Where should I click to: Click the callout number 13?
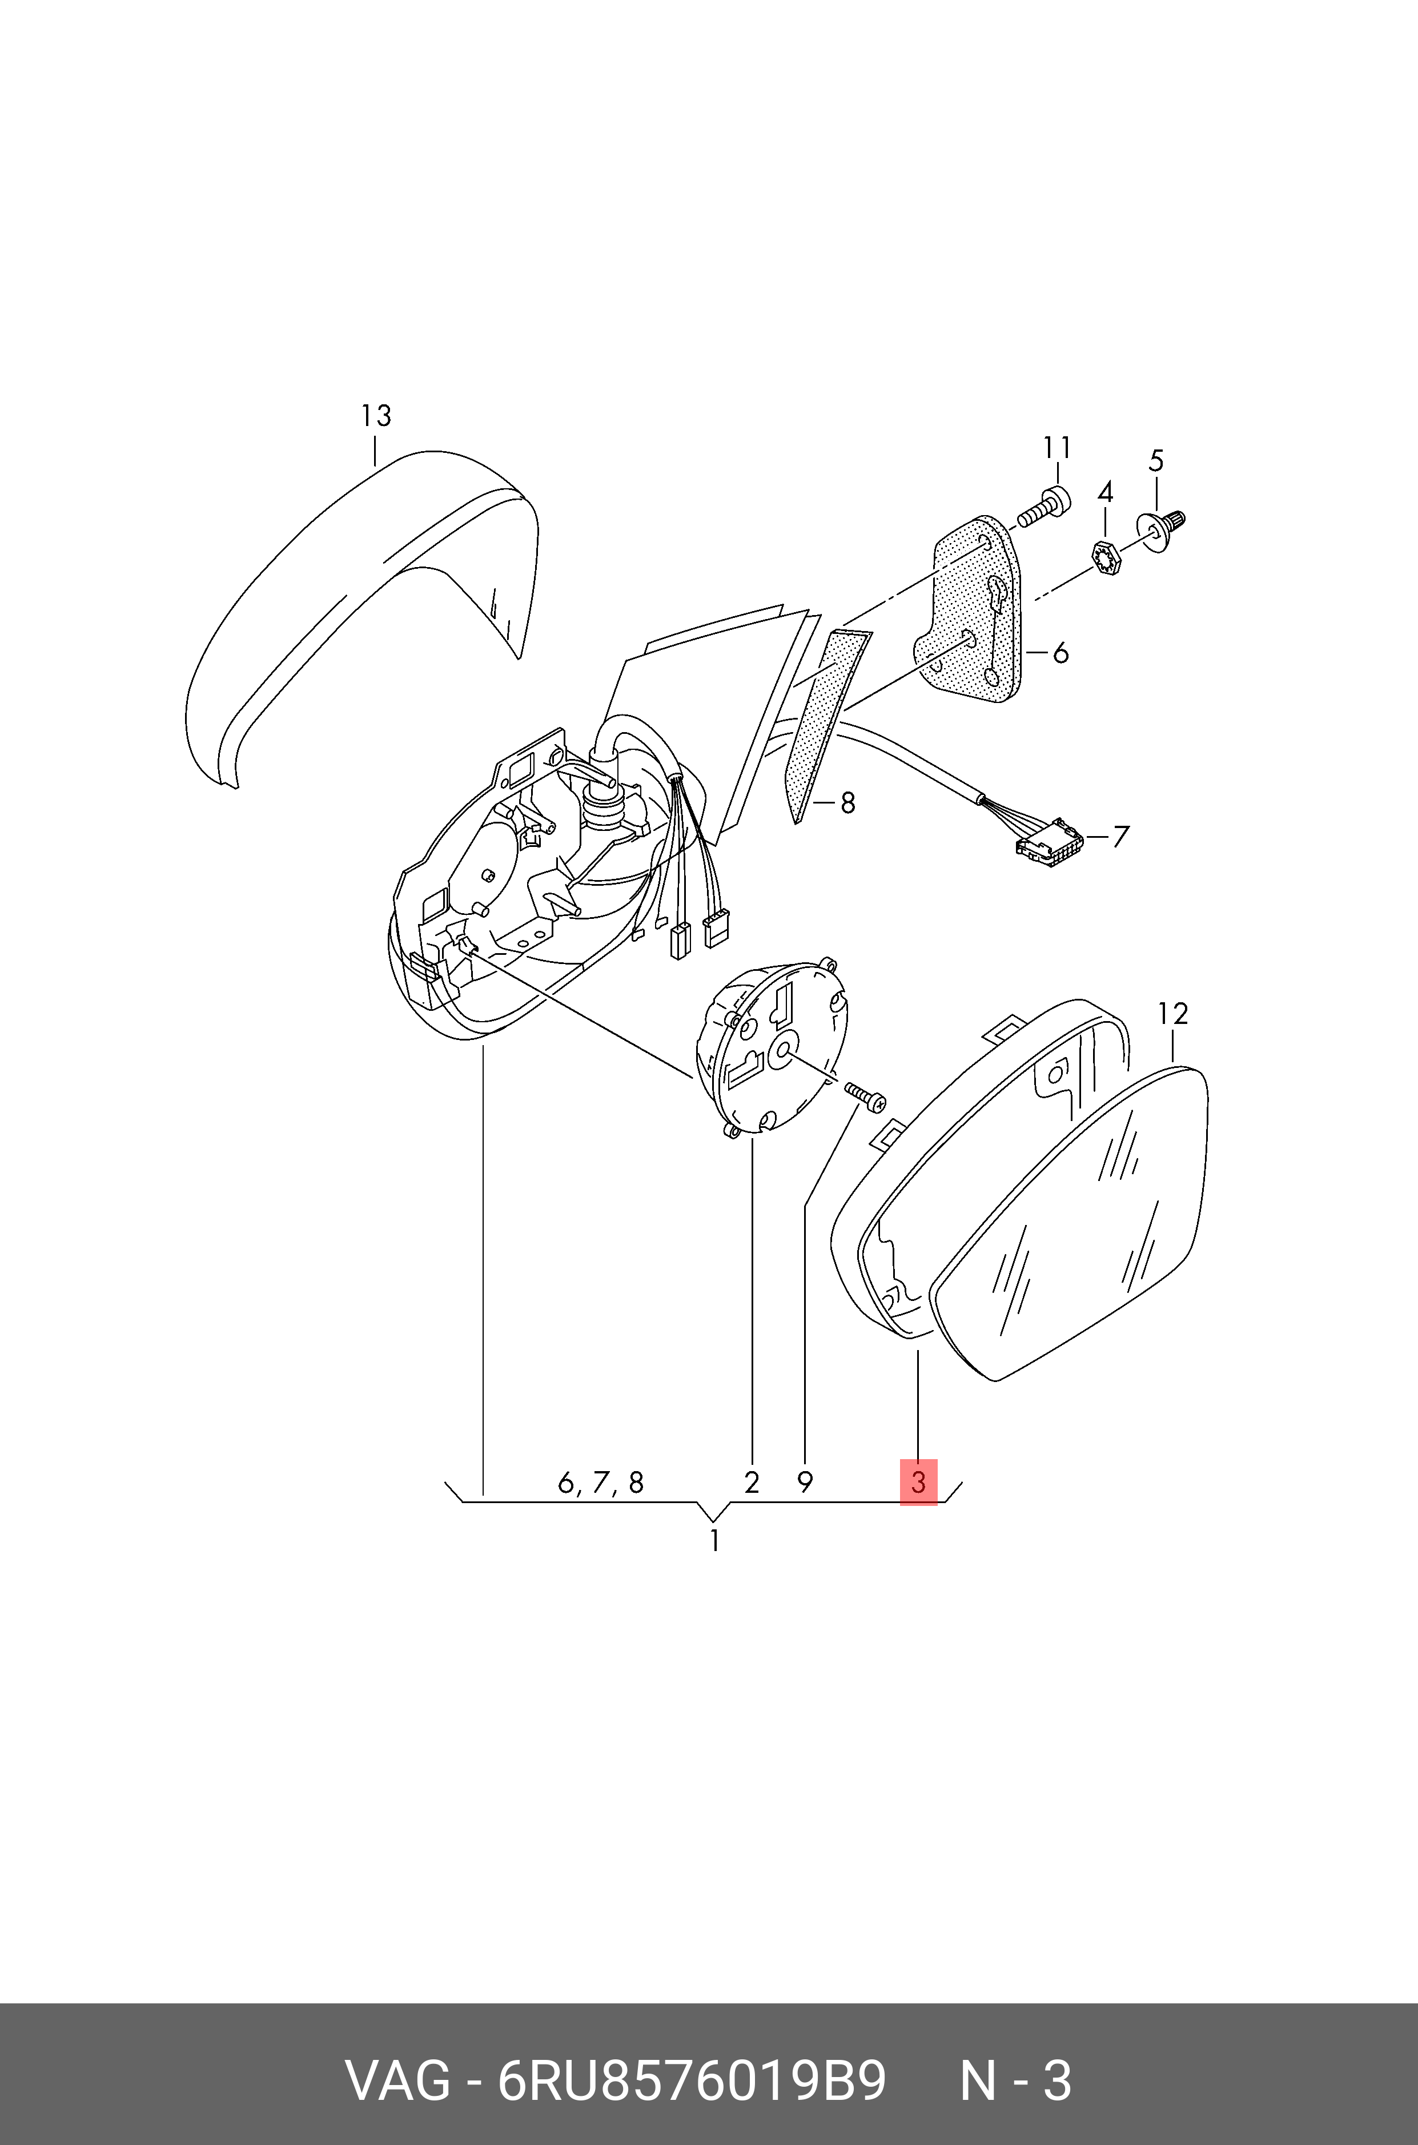375,416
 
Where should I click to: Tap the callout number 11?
1057,448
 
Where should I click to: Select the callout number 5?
1156,461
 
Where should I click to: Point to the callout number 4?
1104,493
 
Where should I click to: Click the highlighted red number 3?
918,1482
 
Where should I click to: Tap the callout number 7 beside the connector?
1120,837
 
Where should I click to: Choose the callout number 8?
847,802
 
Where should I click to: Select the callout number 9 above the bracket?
805,1482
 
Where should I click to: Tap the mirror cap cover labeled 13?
361,615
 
